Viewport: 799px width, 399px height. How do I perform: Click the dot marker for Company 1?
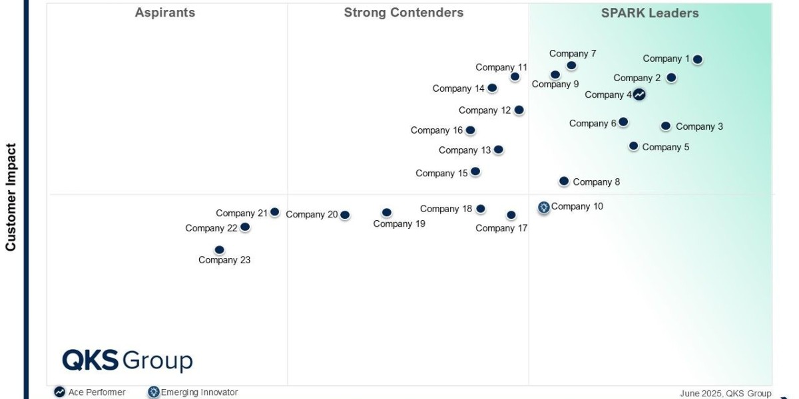tap(697, 59)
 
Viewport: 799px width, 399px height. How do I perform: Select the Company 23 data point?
tap(220, 250)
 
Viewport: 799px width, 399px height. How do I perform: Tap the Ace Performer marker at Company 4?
tap(639, 94)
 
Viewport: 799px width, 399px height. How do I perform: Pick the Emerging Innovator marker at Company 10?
tap(544, 207)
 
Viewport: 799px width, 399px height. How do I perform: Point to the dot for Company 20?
tap(345, 215)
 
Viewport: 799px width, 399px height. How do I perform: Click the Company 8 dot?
tap(564, 181)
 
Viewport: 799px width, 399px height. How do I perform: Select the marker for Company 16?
tap(470, 130)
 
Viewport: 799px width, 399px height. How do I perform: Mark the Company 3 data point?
tap(666, 126)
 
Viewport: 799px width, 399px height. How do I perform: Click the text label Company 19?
tap(399, 224)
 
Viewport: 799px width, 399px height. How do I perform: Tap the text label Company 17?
tap(501, 228)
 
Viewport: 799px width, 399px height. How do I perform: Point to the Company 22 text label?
tap(211, 228)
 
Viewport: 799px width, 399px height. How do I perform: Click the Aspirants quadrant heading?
tap(165, 13)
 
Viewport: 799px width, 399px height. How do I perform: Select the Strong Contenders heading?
tap(403, 13)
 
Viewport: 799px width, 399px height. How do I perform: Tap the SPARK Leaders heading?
tap(650, 13)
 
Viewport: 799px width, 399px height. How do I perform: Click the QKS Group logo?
tap(127, 360)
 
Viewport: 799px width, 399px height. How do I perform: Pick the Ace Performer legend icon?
tap(60, 392)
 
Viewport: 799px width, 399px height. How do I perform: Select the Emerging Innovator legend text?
tap(199, 392)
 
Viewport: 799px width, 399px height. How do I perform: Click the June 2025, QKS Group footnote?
tap(725, 394)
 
